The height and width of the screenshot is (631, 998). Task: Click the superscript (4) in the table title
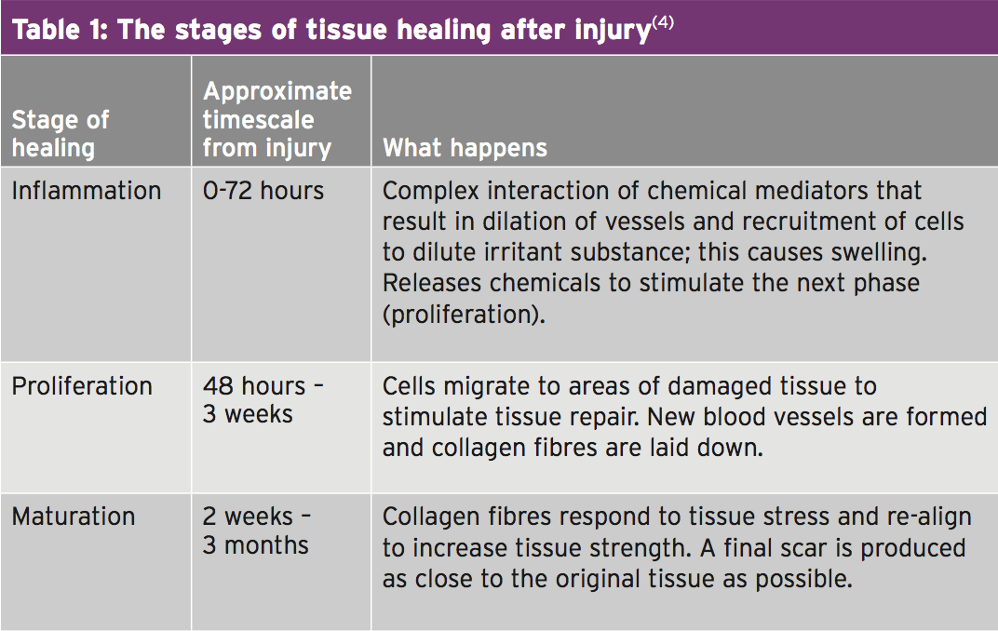tap(663, 23)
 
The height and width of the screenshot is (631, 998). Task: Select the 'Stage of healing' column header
tap(61, 134)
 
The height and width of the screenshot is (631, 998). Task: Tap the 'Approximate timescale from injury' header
tap(277, 119)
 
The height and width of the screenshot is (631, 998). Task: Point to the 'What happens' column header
tap(465, 148)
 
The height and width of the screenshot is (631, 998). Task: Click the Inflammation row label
tap(87, 191)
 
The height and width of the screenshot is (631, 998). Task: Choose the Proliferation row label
tap(82, 386)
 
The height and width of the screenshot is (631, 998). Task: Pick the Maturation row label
tap(74, 517)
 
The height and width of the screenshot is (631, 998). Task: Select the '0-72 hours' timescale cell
tap(263, 191)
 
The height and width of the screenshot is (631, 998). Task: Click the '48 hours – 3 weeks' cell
tap(263, 400)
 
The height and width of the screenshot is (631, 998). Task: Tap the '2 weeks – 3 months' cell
tap(257, 530)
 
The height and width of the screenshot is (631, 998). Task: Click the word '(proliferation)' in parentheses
tap(464, 315)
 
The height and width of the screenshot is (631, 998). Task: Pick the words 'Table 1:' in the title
tap(61, 30)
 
